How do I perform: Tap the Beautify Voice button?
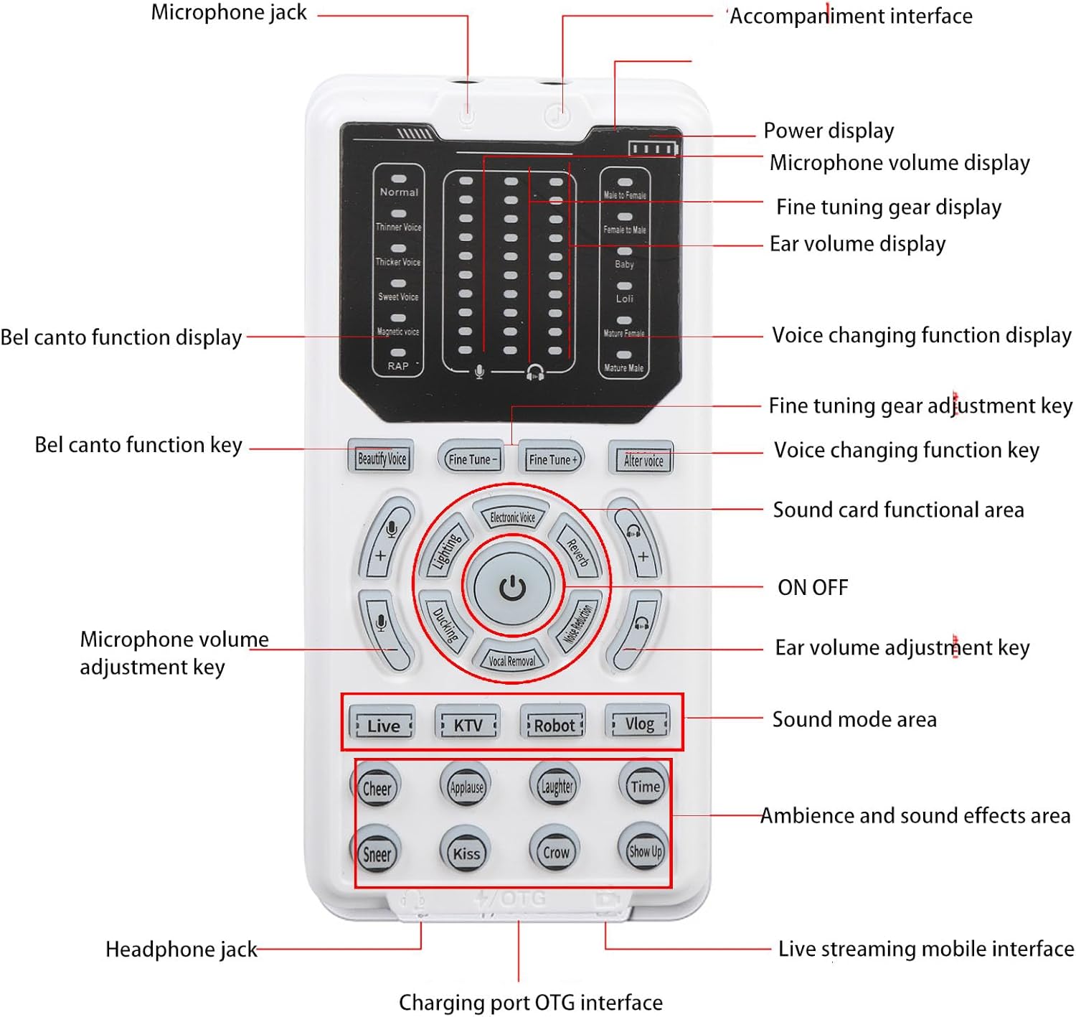pos(382,458)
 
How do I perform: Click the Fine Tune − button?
pos(471,459)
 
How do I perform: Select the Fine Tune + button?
pos(552,459)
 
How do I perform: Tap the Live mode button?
pos(383,726)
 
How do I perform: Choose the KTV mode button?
pos(468,725)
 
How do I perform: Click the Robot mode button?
pos(554,725)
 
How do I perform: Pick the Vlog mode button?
pos(639,723)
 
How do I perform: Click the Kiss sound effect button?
pos(466,853)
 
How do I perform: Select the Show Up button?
pos(645,851)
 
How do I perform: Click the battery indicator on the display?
pos(652,149)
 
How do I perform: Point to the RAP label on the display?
pos(398,366)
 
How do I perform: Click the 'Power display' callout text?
pos(829,131)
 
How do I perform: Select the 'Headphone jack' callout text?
pos(181,950)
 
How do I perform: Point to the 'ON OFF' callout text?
pos(813,588)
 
